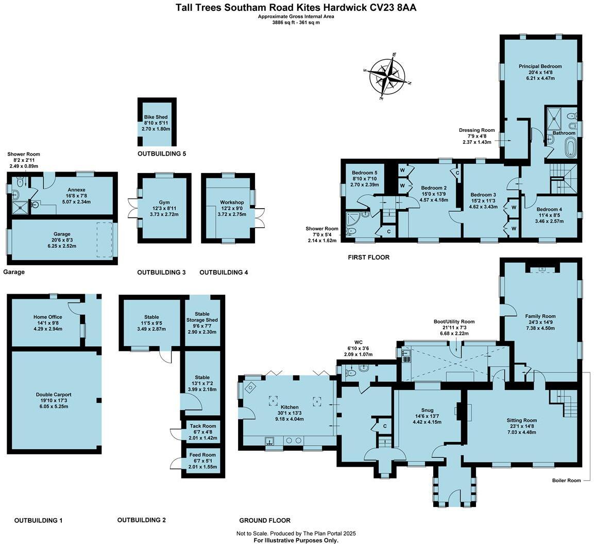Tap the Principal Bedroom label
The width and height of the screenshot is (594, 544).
tap(540, 66)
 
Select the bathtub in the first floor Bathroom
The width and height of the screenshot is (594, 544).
tap(570, 147)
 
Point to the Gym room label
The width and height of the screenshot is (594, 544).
tap(164, 196)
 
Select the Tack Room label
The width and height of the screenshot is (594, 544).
tap(202, 426)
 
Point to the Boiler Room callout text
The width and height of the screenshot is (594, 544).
tap(566, 481)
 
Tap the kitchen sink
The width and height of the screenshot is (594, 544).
tap(270, 440)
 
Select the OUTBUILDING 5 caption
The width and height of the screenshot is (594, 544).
tap(161, 154)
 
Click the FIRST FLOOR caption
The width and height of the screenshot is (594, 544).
tap(368, 257)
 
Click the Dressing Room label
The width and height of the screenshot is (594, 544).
tap(477, 130)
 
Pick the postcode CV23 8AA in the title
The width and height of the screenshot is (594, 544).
tap(395, 8)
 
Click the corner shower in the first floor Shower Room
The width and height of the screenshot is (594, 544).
tap(353, 221)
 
